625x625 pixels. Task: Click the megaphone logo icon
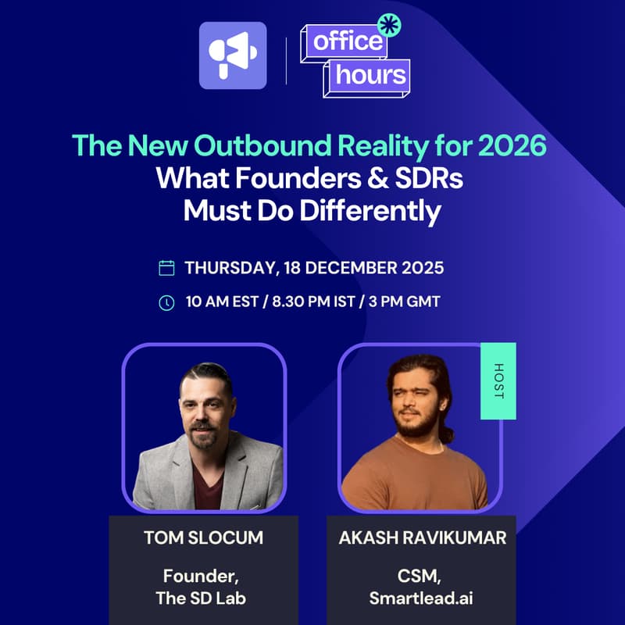[233, 55]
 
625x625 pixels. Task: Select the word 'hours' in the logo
[371, 76]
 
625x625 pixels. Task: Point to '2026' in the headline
[517, 145]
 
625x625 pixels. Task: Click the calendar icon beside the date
[166, 268]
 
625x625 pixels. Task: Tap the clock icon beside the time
[166, 302]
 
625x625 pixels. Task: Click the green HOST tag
[498, 380]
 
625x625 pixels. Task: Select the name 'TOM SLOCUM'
[203, 537]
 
